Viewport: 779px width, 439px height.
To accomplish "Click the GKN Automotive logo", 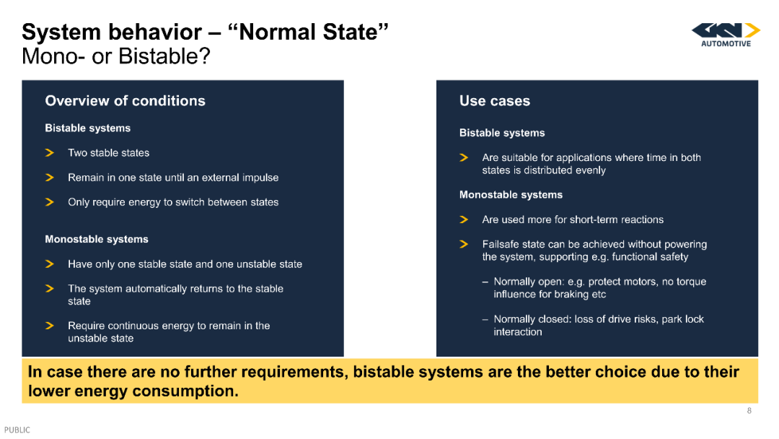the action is click(726, 35).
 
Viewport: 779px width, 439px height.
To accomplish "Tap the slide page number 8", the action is click(749, 411).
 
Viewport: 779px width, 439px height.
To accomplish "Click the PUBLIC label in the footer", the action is click(17, 430).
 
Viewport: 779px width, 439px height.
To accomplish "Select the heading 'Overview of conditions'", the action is click(126, 101).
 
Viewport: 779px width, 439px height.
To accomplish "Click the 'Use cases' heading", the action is click(495, 101).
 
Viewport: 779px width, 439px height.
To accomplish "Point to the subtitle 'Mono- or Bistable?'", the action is click(116, 56).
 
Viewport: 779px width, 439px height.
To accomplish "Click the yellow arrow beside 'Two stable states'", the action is click(50, 152).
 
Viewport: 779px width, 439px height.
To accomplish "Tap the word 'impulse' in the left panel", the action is click(260, 178).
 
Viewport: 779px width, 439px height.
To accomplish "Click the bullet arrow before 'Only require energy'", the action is click(50, 202).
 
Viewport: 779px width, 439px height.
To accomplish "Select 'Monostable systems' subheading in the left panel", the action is click(97, 239).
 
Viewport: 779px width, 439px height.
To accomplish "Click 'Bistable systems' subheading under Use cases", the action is click(502, 133).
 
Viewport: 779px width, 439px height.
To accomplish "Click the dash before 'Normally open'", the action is click(485, 282).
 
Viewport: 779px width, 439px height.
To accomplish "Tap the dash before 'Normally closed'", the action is click(485, 320).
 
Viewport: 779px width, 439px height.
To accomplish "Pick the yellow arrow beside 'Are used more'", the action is click(464, 219).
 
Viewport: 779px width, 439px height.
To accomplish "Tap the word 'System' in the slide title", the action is click(61, 32).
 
